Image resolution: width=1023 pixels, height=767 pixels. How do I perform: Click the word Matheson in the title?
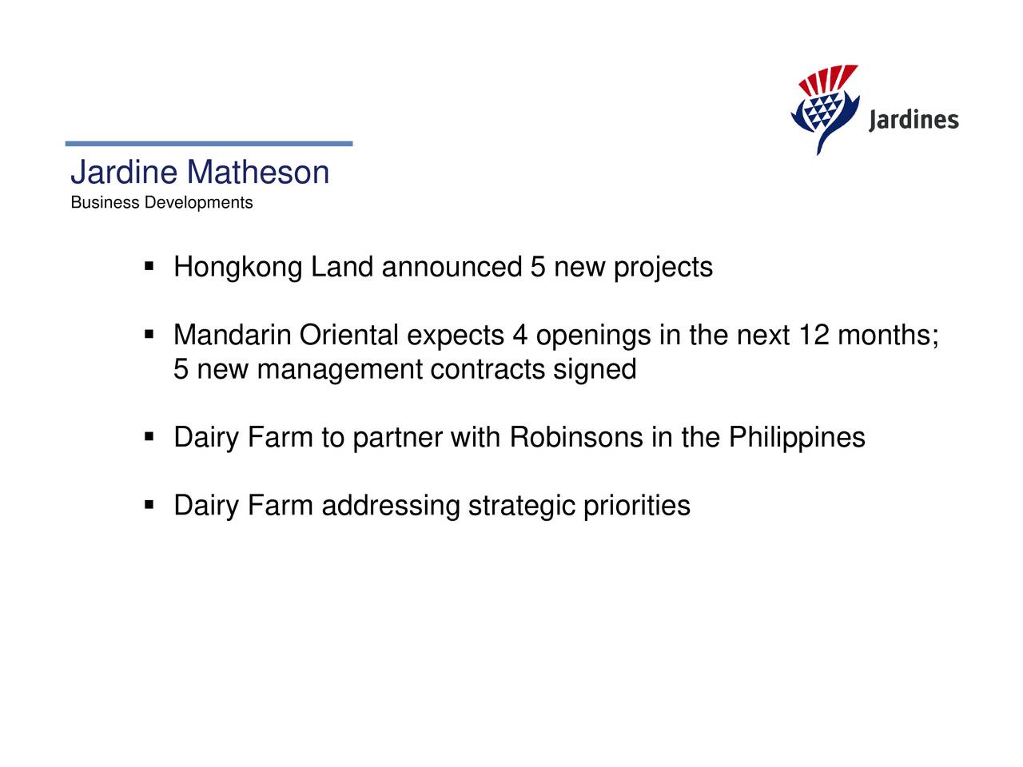coord(257,173)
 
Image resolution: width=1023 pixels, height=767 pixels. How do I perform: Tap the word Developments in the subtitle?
coord(198,203)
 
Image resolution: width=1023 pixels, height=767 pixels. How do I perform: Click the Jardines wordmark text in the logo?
coord(913,121)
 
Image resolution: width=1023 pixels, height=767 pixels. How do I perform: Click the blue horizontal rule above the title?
coord(209,144)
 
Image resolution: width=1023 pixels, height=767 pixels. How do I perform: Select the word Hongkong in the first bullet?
coord(237,268)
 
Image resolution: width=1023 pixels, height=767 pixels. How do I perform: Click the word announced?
coord(452,267)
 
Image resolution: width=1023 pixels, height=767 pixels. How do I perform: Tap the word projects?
coord(663,268)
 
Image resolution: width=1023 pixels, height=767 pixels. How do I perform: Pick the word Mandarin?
coord(232,335)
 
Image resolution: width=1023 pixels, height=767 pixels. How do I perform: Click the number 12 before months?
coord(814,335)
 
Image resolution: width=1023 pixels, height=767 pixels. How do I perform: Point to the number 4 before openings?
coord(520,335)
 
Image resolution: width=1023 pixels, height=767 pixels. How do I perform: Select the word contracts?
coord(487,369)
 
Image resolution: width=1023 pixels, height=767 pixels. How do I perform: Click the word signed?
coord(595,370)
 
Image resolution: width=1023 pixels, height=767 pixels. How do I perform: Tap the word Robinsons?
coord(575,438)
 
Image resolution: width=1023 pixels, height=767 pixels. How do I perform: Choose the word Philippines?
coord(796,438)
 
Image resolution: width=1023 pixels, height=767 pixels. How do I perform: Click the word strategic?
coord(521,507)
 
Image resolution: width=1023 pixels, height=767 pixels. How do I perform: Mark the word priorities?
coord(636,507)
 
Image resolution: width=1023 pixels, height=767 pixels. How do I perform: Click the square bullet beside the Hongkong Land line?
coord(149,265)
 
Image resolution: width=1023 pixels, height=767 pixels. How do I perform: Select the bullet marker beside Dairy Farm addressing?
coord(149,505)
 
